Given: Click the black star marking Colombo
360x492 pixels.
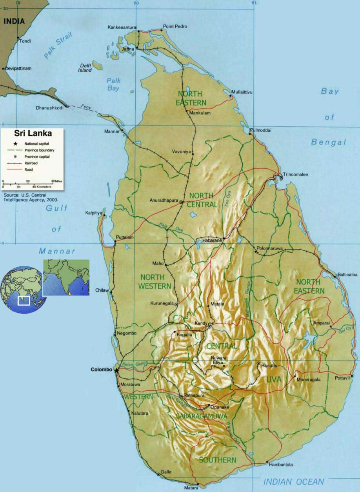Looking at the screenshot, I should (x=116, y=370).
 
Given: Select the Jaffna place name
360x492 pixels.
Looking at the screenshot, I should (x=128, y=49).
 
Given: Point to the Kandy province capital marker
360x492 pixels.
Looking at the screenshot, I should (x=210, y=326).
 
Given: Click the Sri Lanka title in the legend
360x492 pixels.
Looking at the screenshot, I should (x=33, y=133).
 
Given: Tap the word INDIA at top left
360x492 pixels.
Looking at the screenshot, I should (x=14, y=22).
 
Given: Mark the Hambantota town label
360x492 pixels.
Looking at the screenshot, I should (x=281, y=465).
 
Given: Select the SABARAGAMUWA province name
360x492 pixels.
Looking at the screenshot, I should (x=201, y=416).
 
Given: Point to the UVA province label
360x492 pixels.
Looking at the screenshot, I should (x=273, y=379).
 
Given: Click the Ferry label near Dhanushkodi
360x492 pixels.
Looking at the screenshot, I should (x=86, y=106).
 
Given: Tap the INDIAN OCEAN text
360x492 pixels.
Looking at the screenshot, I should (x=294, y=482).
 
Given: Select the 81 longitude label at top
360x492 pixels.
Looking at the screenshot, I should (x=254, y=3).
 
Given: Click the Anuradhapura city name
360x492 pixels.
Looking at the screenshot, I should (x=164, y=200).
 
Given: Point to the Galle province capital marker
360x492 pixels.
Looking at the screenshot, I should (x=158, y=474).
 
